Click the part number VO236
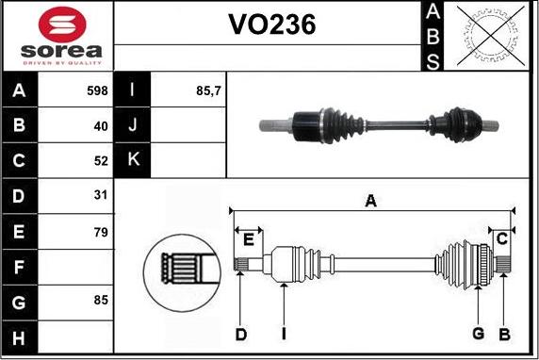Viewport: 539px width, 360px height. (272, 27)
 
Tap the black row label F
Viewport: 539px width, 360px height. (20, 267)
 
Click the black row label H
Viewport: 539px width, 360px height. (20, 336)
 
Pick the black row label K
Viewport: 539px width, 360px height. (132, 160)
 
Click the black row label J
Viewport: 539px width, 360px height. (132, 125)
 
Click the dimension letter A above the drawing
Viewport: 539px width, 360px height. (371, 200)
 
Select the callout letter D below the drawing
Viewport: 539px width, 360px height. (241, 334)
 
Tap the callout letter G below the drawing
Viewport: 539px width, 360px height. (478, 334)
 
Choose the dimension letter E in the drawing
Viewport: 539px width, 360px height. (248, 239)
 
